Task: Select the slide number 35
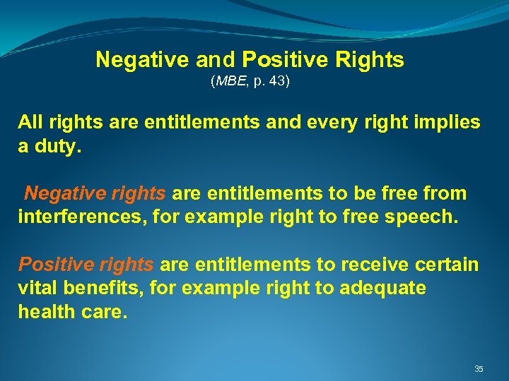pyautogui.click(x=479, y=369)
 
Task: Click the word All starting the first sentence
pyautogui.click(x=30, y=122)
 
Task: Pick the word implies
pyautogui.click(x=451, y=122)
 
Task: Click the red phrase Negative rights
pyautogui.click(x=95, y=193)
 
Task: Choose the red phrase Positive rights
pyautogui.click(x=86, y=265)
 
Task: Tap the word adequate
pyautogui.click(x=382, y=289)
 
